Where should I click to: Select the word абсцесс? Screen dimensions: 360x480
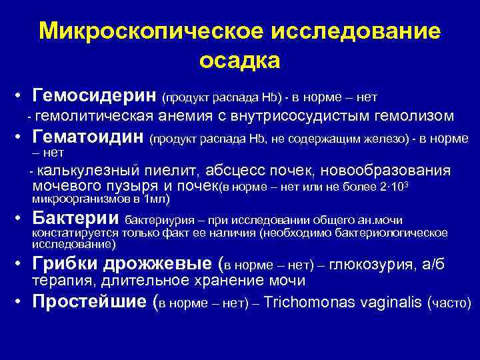238,170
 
